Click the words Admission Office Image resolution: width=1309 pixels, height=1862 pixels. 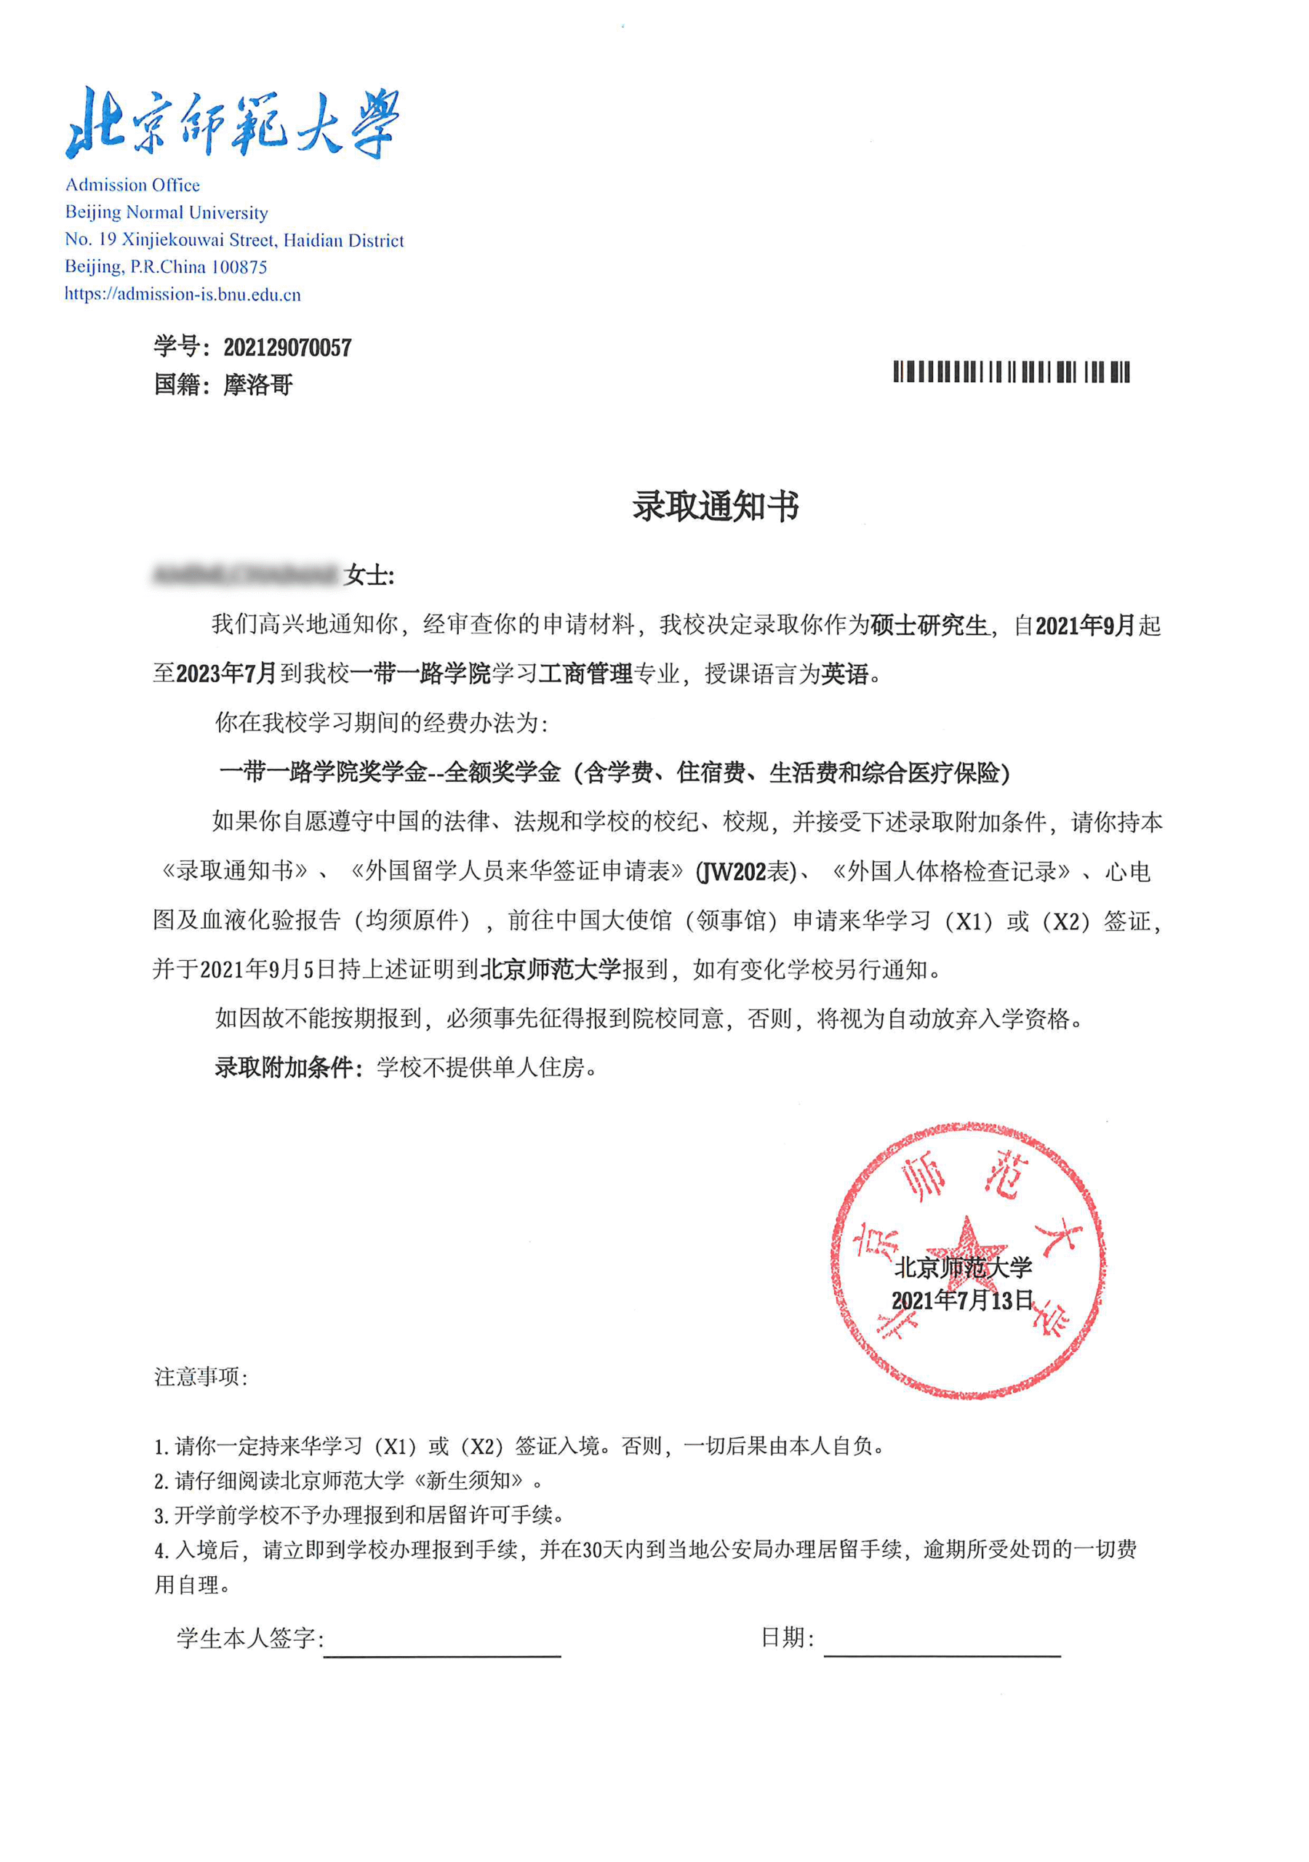132,185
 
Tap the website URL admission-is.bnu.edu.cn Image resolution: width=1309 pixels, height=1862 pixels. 183,295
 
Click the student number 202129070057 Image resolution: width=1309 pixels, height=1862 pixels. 287,348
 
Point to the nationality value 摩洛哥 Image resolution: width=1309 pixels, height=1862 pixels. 258,385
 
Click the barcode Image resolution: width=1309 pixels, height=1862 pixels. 1011,372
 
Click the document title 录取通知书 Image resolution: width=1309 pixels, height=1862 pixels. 716,507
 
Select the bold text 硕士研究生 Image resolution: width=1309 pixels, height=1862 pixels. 929,626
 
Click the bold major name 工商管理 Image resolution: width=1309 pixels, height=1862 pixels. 585,674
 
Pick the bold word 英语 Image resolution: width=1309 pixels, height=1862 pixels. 845,674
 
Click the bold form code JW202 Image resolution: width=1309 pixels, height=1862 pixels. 732,872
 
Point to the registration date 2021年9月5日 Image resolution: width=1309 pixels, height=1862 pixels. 268,969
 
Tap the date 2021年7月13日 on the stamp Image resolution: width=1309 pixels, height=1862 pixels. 962,1300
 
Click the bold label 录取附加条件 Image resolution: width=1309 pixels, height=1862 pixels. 284,1067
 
